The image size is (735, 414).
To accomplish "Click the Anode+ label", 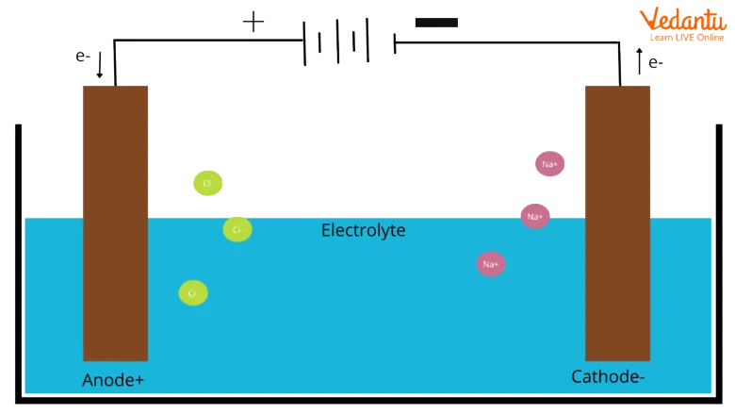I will click(x=112, y=380).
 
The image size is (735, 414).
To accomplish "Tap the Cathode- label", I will click(x=608, y=377).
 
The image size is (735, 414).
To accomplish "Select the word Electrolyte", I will click(x=363, y=230).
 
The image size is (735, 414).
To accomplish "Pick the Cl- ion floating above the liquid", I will click(x=206, y=183).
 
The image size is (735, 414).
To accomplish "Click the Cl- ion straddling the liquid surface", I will click(x=237, y=229).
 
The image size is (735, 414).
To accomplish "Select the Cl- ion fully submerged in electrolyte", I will click(x=193, y=293).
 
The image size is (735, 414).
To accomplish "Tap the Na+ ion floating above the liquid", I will click(x=549, y=164).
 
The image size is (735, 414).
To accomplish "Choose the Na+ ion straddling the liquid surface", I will click(x=535, y=216).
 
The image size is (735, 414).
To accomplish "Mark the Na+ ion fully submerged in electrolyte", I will click(x=490, y=264).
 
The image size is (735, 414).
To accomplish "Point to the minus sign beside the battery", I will click(x=436, y=22).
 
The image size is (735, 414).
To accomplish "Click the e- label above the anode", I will click(x=83, y=56).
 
